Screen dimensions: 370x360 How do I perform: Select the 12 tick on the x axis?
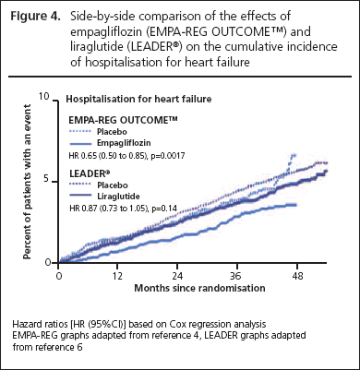[x=117, y=275]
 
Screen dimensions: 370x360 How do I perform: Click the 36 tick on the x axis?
[x=235, y=275]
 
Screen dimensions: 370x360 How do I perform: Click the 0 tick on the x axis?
[x=58, y=275]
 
